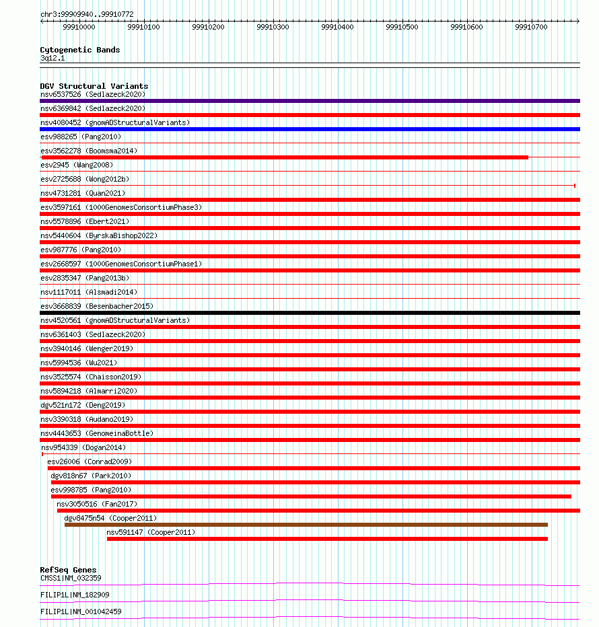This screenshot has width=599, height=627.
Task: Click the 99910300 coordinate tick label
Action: click(273, 27)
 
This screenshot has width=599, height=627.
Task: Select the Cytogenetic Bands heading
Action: click(79, 50)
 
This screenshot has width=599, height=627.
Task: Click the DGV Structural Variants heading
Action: click(94, 86)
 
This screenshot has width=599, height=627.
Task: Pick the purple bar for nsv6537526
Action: click(310, 101)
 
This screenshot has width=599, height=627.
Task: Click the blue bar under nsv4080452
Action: click(310, 129)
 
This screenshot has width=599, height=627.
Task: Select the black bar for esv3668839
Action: click(310, 313)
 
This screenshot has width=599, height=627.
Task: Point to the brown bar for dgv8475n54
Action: click(306, 525)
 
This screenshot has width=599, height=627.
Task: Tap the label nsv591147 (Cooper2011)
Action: click(151, 532)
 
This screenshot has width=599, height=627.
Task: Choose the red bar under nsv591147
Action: click(327, 539)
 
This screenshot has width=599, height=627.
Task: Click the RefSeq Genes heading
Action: click(68, 570)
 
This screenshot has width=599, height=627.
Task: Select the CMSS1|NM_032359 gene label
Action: click(71, 578)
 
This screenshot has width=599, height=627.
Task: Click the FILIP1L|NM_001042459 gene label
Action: click(81, 612)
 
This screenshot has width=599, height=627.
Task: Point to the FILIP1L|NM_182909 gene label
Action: click(75, 595)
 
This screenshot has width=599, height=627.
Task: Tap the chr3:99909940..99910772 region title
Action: click(86, 14)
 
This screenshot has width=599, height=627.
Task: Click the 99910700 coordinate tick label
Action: click(531, 27)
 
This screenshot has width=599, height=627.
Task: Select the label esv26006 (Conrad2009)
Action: click(89, 462)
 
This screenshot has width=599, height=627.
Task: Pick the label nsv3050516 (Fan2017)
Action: click(96, 504)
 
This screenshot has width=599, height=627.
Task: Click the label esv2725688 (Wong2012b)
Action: click(84, 179)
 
